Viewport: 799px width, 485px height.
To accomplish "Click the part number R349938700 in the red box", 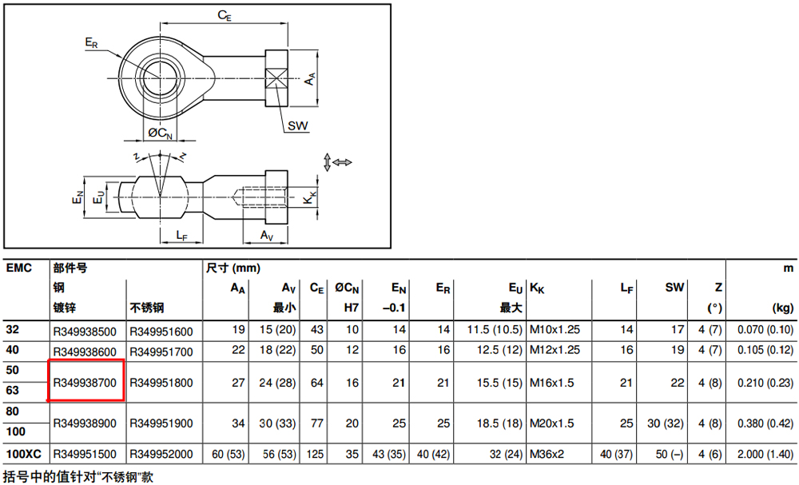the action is (85, 383).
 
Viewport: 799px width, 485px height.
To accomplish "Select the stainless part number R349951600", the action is (161, 332).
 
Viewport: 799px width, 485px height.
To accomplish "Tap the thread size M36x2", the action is (547, 454).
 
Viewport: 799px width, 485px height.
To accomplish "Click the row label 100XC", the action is (23, 453).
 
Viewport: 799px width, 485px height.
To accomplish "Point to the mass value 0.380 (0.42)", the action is (765, 423).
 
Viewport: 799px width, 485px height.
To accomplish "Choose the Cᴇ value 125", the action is (316, 454).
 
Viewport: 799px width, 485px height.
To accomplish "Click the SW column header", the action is (674, 288).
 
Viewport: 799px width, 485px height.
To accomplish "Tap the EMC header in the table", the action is (19, 268).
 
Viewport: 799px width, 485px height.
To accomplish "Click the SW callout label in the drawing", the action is (297, 125).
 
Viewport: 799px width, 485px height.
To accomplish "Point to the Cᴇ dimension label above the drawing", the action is (225, 15).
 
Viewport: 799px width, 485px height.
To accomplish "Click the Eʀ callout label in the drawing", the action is (91, 43).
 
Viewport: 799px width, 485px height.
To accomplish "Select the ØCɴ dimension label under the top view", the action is (160, 133).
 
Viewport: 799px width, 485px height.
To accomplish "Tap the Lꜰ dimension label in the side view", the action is (182, 235).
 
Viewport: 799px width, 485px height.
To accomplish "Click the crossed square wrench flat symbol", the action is (276, 78).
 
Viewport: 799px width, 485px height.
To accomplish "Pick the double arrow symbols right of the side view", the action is (337, 162).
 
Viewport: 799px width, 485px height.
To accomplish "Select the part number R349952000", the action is (161, 454).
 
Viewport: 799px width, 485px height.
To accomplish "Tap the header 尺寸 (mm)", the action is (233, 268).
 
